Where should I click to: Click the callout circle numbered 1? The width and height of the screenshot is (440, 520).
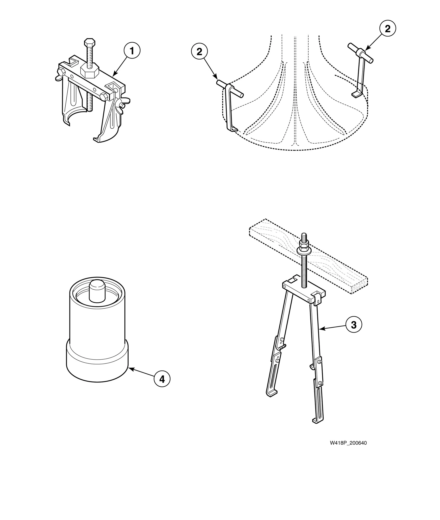(132, 51)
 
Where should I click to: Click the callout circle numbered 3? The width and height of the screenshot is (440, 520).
(354, 325)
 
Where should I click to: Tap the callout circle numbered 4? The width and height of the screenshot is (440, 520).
(162, 379)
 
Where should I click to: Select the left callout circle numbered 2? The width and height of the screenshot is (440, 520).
(199, 52)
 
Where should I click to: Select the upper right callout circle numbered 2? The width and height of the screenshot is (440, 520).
(387, 29)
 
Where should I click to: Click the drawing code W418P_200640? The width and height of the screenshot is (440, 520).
(348, 443)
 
